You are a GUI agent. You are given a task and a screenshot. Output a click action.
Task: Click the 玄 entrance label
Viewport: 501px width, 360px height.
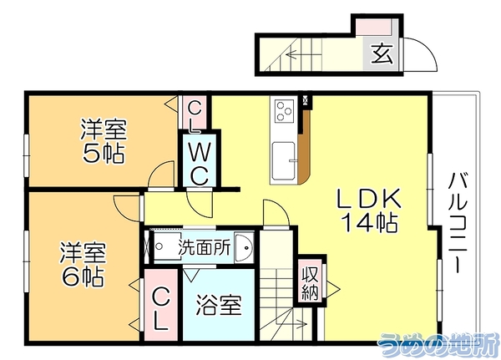382,53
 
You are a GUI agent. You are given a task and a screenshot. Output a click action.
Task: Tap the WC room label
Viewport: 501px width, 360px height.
200,164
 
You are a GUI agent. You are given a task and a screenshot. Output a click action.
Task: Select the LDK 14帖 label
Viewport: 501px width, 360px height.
370,210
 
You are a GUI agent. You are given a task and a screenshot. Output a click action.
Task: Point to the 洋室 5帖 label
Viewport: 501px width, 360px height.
104,141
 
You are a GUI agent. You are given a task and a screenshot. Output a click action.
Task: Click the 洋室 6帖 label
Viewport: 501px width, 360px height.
83,264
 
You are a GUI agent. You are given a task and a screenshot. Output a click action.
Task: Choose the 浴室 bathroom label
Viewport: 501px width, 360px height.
219,305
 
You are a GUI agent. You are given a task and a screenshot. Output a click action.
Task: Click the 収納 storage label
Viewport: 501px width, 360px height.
310,282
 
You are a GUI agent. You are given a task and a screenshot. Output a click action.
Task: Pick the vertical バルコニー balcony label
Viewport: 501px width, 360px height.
458,222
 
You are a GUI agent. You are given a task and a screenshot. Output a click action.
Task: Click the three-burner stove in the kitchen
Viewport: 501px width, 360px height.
285,110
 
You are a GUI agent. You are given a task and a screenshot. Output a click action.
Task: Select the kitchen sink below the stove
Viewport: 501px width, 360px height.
284,160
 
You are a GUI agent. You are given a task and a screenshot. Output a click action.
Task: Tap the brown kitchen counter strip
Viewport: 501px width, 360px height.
304,147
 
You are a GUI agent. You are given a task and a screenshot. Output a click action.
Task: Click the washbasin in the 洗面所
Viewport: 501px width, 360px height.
244,247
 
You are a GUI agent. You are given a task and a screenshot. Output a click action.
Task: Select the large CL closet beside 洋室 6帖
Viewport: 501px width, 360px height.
160,305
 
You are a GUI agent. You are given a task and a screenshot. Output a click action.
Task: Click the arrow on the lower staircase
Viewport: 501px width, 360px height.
293,324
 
